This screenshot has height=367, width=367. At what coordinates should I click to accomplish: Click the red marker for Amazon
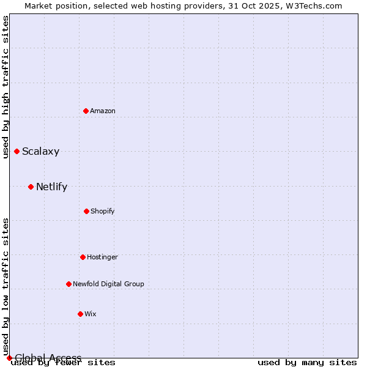[86, 111]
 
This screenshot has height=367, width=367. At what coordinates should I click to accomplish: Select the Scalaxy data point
[17, 151]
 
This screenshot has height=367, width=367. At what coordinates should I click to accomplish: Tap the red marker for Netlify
[31, 187]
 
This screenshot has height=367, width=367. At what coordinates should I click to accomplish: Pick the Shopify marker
[86, 211]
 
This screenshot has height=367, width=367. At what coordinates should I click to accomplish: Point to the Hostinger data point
[83, 257]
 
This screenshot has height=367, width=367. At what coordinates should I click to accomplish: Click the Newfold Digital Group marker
[69, 284]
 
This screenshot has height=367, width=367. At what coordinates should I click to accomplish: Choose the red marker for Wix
[80, 314]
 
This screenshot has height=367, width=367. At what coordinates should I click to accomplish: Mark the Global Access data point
[9, 358]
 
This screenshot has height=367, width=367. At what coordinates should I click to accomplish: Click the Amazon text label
[103, 111]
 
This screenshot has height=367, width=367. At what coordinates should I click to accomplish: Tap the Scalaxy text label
[40, 152]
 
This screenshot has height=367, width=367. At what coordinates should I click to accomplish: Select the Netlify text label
[51, 187]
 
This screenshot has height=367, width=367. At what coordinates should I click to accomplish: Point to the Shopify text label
[103, 211]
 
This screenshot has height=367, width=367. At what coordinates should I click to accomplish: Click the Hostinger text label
[102, 257]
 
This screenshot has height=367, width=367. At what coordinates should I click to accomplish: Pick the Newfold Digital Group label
[108, 284]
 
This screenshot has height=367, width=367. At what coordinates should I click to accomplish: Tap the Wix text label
[91, 314]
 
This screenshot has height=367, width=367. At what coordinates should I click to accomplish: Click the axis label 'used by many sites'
[307, 362]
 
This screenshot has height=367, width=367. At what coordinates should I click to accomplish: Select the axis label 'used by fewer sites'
[64, 362]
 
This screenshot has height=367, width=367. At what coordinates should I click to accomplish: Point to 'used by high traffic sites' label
[6, 87]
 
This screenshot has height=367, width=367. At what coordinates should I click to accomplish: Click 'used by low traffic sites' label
[6, 286]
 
